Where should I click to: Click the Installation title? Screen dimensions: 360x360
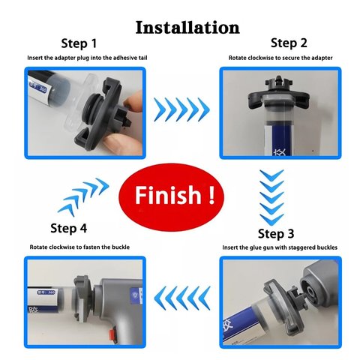pyautogui.click(x=187, y=27)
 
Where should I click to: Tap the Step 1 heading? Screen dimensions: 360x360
pyautogui.click(x=79, y=43)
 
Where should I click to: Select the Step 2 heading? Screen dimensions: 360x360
pyautogui.click(x=289, y=43)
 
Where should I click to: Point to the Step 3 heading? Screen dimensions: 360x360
pyautogui.click(x=276, y=233)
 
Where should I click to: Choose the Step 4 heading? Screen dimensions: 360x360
pyautogui.click(x=69, y=228)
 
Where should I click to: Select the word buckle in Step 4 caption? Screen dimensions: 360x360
pyautogui.click(x=121, y=247)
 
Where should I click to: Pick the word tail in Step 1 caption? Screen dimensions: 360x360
pyautogui.click(x=142, y=58)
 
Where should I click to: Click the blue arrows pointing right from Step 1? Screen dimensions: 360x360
pyautogui.click(x=181, y=109)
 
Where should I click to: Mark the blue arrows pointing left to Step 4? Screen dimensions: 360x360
pyautogui.click(x=182, y=298)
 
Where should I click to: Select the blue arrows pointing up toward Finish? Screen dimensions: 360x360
pyautogui.click(x=83, y=197)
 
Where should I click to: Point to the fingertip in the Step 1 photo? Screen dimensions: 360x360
pyautogui.click(x=132, y=101)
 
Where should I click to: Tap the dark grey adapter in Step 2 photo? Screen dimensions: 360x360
pyautogui.click(x=279, y=92)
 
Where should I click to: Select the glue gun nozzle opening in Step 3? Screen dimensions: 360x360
pyautogui.click(x=311, y=292)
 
